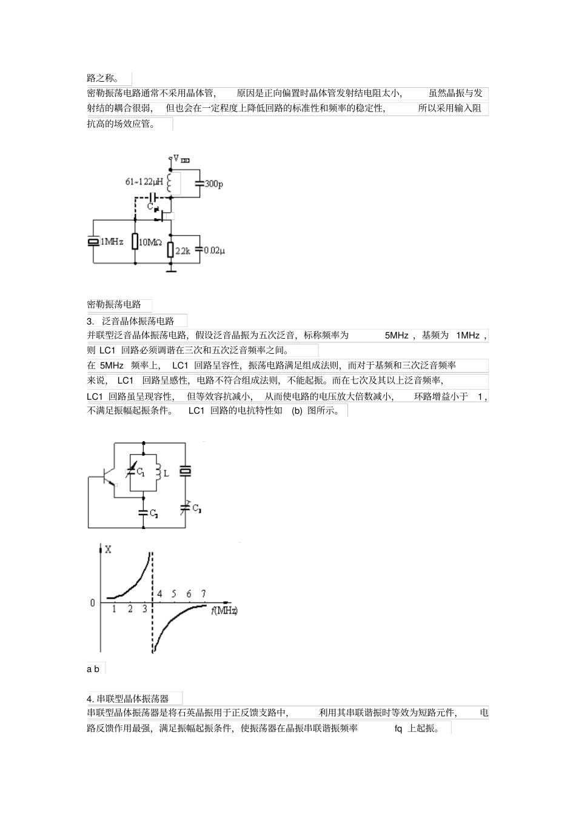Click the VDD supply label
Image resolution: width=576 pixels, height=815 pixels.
click(x=181, y=159)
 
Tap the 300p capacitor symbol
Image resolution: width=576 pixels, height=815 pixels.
click(x=199, y=183)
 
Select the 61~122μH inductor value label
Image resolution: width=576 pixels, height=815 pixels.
click(x=144, y=182)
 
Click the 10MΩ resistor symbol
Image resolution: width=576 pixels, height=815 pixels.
click(x=135, y=241)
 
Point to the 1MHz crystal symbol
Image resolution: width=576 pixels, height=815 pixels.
click(x=93, y=241)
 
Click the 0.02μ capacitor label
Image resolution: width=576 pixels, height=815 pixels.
click(x=214, y=250)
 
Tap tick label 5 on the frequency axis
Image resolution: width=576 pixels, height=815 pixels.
click(x=174, y=594)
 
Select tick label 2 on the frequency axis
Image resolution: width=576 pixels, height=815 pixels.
click(x=130, y=609)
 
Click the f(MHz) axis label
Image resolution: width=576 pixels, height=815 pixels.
click(x=224, y=610)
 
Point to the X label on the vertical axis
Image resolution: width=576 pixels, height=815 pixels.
click(x=108, y=550)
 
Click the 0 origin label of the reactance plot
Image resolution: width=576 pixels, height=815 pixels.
click(x=93, y=603)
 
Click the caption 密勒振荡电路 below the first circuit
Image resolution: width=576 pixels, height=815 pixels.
click(x=114, y=304)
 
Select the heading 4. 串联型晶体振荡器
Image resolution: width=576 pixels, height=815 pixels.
click(x=128, y=699)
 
